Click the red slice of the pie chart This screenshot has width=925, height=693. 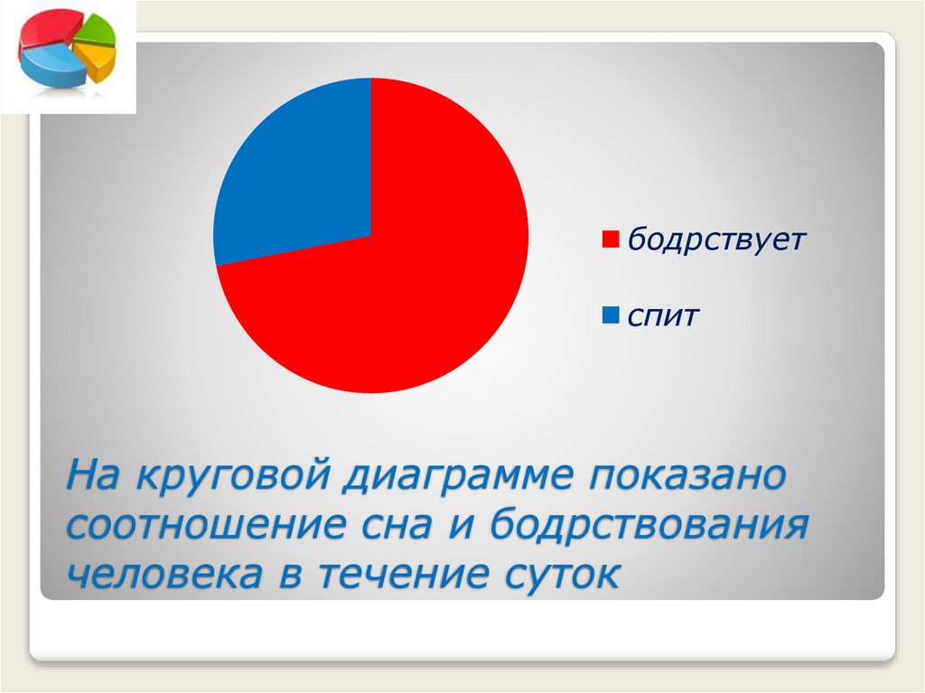click(425, 280)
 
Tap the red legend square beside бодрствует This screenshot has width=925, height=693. click(609, 240)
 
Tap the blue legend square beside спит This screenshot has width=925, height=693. click(609, 315)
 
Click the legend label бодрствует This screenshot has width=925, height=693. click(716, 240)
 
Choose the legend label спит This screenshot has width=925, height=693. click(665, 316)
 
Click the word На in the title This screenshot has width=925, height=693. click(94, 476)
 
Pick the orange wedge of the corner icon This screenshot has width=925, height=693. click(97, 60)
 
